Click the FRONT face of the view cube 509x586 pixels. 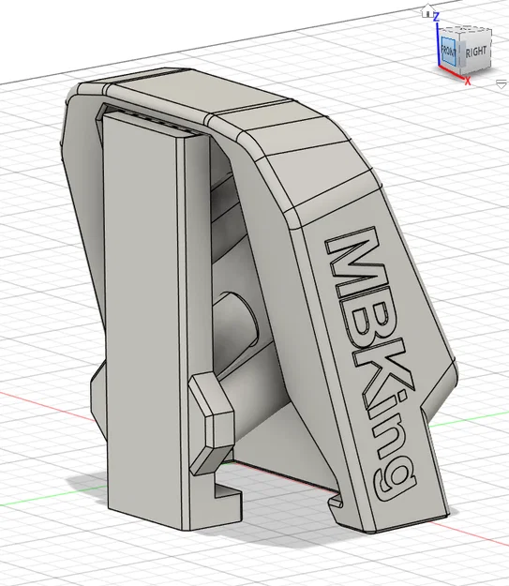pos(448,51)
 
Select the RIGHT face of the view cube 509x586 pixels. pos(475,53)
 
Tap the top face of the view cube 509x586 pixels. pos(467,31)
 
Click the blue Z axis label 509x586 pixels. pos(436,17)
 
